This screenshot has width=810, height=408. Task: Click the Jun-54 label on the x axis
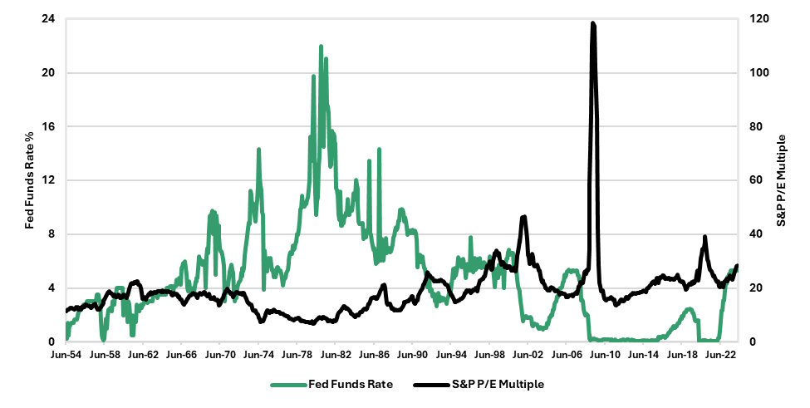66,355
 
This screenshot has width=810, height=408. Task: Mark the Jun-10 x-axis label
606,355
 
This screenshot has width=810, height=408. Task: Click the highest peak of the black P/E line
592,23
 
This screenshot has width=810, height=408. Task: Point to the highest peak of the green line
321,47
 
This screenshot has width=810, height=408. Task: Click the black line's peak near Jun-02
523,217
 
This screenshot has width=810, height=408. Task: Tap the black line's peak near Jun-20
704,237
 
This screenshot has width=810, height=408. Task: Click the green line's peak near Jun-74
259,150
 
